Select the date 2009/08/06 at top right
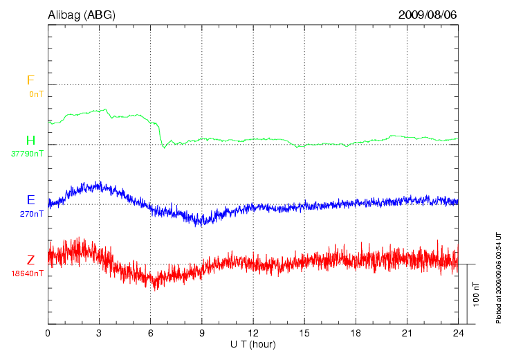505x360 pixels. click(428, 15)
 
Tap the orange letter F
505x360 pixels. click(30, 80)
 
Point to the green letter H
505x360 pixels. click(30, 141)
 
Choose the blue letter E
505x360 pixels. click(30, 200)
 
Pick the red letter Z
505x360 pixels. click(30, 260)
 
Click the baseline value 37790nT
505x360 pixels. click(27, 154)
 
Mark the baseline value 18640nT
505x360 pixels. click(27, 273)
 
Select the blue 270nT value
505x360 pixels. click(32, 214)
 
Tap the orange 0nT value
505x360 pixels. click(35, 93)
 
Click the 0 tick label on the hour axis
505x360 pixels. click(48, 333)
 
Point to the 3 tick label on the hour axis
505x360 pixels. click(100, 333)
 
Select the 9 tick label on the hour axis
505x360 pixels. click(202, 333)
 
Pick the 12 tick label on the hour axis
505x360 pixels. click(253, 333)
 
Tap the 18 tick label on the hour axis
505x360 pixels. click(356, 333)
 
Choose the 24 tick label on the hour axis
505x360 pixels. click(458, 333)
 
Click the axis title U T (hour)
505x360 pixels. click(253, 344)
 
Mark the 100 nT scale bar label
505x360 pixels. click(477, 294)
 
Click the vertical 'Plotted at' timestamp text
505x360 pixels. click(498, 277)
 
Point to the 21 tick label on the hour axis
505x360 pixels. click(407, 333)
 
